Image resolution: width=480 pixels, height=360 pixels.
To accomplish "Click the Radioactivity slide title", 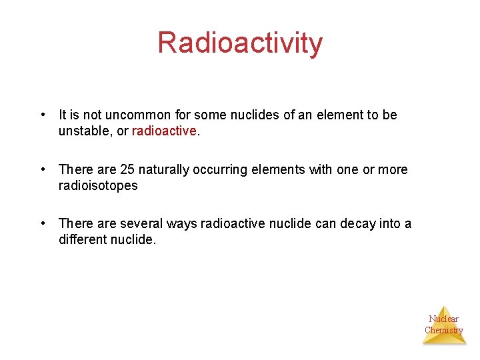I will pos(240,43).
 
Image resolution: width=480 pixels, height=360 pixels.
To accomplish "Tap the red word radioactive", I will pos(165,131).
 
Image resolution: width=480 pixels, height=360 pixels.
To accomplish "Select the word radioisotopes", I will pos(98,185).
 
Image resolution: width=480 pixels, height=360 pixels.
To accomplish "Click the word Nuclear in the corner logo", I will pos(443,319).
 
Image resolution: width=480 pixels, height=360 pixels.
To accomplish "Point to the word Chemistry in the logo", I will pos(443,330).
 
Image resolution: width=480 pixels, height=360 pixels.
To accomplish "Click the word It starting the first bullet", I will pos(63,115).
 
